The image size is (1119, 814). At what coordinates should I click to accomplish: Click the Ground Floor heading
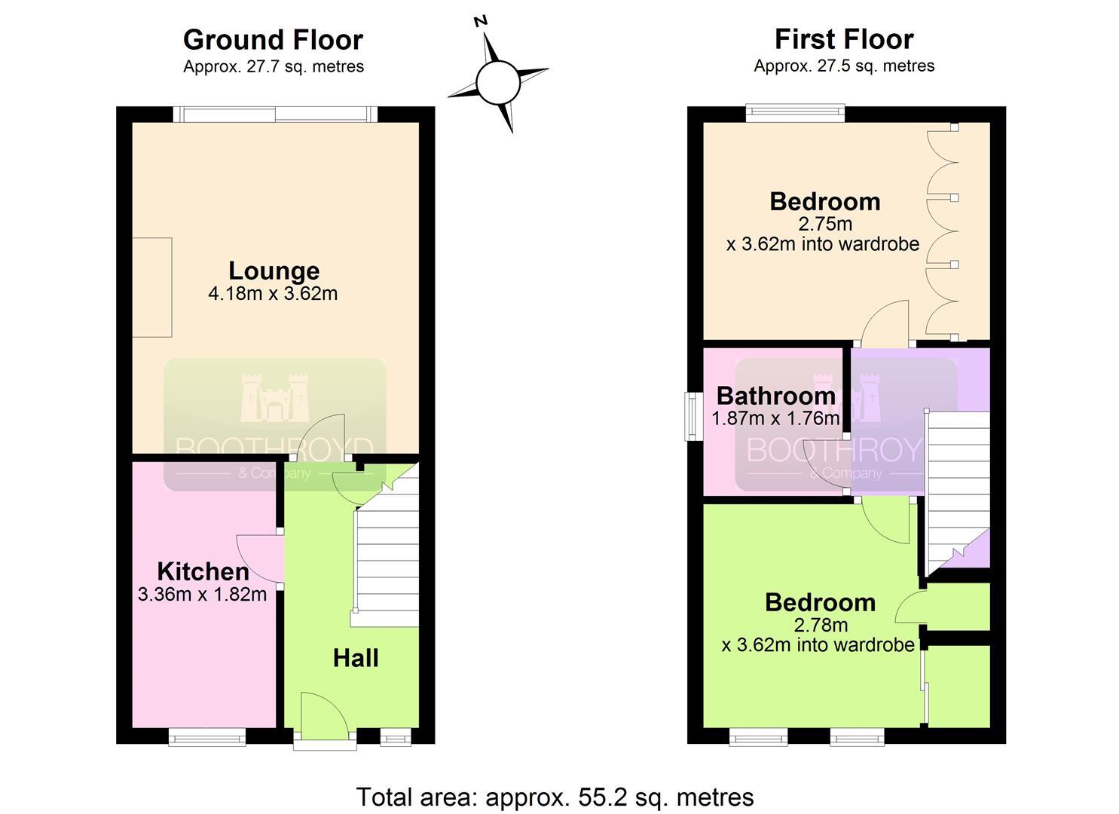coord(273,40)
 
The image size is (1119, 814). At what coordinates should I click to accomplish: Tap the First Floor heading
coord(844,39)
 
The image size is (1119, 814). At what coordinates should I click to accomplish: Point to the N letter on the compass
coord(481,21)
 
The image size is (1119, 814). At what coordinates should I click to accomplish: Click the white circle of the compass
coord(498,82)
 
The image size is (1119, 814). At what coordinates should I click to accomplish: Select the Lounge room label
coord(274,271)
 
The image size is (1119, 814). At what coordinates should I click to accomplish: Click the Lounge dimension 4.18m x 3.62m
coord(273,293)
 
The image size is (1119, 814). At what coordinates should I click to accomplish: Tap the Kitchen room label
coord(203,571)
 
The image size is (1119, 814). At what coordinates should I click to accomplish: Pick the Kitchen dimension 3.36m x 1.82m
coord(202,594)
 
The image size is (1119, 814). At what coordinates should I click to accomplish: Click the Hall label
coord(356,658)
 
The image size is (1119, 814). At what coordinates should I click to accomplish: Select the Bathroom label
coord(776,396)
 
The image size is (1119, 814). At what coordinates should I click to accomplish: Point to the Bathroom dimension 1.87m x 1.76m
coord(775,418)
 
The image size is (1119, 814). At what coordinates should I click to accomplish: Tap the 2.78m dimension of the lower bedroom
coord(821,625)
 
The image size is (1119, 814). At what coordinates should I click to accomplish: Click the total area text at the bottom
coord(555,797)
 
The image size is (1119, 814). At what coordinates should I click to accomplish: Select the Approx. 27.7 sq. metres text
coord(274,66)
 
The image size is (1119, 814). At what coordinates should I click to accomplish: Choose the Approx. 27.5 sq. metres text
coord(844,66)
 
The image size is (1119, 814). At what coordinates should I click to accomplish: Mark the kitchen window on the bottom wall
coord(206,737)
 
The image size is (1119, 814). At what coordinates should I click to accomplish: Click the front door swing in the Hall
coord(325,715)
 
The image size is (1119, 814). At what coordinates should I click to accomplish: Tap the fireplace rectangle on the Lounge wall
coord(152,287)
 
